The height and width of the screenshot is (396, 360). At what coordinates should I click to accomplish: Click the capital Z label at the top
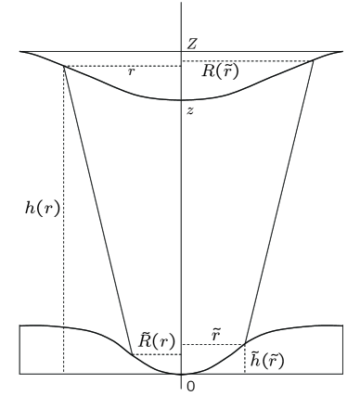tap(191, 43)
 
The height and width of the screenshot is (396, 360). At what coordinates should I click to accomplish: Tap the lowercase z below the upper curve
tap(190, 110)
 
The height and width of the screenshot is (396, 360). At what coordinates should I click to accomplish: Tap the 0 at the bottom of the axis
tap(191, 385)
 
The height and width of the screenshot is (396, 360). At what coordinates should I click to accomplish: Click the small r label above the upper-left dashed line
tap(131, 71)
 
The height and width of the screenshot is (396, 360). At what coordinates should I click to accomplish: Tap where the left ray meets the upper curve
tap(63, 66)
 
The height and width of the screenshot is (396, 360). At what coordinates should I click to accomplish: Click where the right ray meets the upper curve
tap(312, 61)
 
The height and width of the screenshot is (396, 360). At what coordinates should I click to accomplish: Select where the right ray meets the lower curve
tap(245, 344)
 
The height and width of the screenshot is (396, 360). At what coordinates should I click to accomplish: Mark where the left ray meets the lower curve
tap(130, 354)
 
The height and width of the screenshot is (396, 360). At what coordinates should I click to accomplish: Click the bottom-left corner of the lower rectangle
tap(19, 374)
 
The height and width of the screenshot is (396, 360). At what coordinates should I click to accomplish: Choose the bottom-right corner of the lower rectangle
tap(342, 374)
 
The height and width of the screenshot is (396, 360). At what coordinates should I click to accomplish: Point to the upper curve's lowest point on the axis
tap(180, 100)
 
